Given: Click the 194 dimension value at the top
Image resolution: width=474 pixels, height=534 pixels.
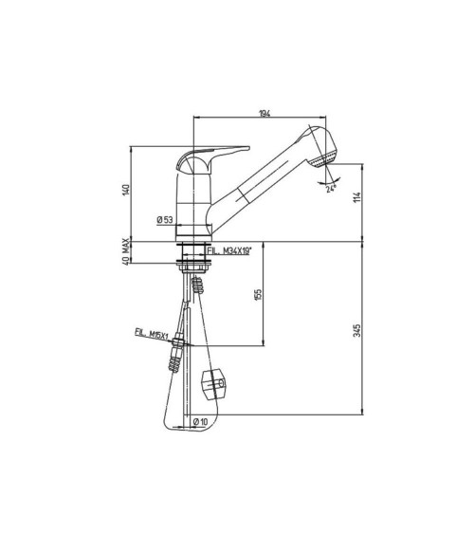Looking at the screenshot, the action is tap(264, 114).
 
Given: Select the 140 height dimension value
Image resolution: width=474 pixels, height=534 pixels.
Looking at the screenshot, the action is tap(126, 190).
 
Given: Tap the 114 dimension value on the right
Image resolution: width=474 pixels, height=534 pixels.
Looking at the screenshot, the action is tap(357, 197).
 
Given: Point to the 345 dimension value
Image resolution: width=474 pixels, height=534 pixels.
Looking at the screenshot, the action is tap(357, 331).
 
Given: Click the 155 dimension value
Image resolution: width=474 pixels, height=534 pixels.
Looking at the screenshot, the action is tap(258, 294).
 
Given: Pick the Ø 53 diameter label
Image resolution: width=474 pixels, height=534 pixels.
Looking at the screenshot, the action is tap(165, 220).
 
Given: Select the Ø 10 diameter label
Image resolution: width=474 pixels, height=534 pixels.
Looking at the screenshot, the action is tap(200, 422).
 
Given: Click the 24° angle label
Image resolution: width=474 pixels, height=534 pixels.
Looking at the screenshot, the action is tap(331, 189).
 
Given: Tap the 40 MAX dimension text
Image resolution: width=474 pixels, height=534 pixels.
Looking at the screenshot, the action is tap(126, 252).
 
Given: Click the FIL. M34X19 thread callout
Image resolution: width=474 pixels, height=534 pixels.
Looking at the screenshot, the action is tap(229, 251).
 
